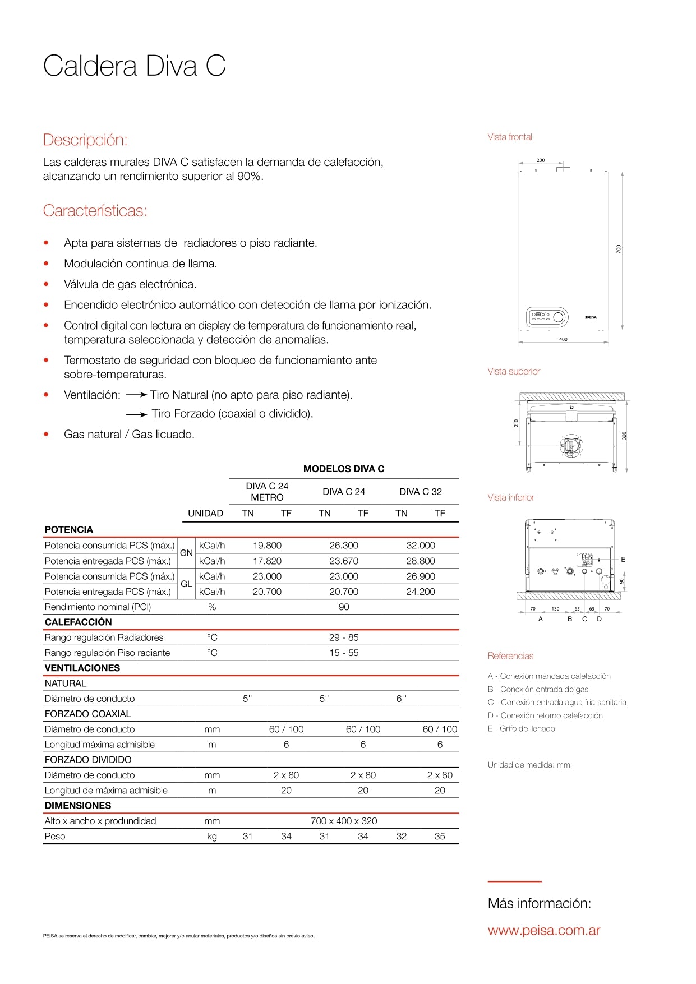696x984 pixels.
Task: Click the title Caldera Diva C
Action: point(134,66)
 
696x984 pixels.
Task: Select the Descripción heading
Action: point(85,140)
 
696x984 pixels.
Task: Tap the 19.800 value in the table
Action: point(267,546)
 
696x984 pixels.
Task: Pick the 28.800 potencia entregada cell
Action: point(421,561)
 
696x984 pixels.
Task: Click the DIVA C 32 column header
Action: point(421,492)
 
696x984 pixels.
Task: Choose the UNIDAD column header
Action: point(205,513)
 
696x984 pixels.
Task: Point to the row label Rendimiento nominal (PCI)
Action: point(98,607)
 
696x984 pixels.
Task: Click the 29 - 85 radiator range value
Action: point(344,637)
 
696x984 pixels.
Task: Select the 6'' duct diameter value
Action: point(402,699)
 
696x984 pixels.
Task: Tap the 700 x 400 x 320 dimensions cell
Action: point(344,821)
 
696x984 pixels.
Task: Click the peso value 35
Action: point(440,836)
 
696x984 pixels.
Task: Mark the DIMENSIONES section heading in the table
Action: point(78,806)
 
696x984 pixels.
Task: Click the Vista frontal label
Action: point(510,137)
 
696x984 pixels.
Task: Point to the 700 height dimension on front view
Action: point(619,248)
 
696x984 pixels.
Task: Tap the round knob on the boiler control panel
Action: point(558,317)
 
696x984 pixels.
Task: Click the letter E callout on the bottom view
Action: point(623,560)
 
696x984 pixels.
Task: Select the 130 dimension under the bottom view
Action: point(555,609)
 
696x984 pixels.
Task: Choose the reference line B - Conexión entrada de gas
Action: point(538,689)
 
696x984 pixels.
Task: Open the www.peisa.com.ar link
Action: point(544,931)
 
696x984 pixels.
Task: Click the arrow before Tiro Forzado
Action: point(136,414)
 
